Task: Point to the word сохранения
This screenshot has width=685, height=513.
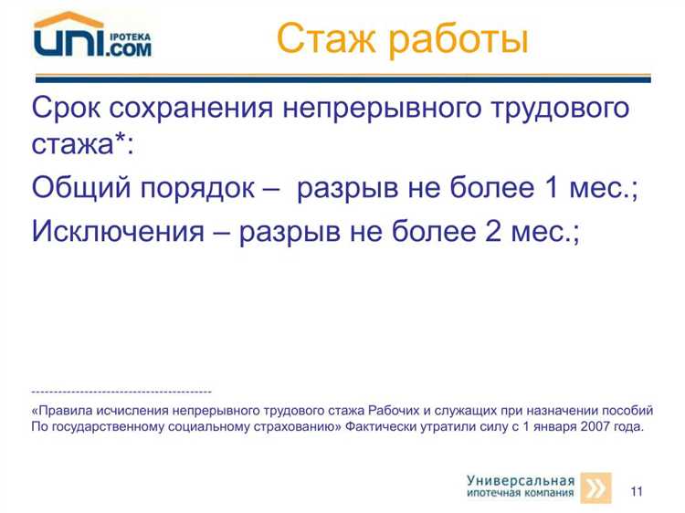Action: coord(195,109)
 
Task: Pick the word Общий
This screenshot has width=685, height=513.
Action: coord(78,190)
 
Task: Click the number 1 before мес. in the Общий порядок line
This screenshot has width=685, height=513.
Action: coord(551,190)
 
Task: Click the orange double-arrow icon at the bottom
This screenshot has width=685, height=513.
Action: coord(596,488)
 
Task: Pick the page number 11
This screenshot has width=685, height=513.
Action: coord(637,492)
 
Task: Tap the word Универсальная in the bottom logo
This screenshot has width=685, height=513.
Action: coord(521,480)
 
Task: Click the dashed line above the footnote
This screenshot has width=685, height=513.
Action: coord(121,391)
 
